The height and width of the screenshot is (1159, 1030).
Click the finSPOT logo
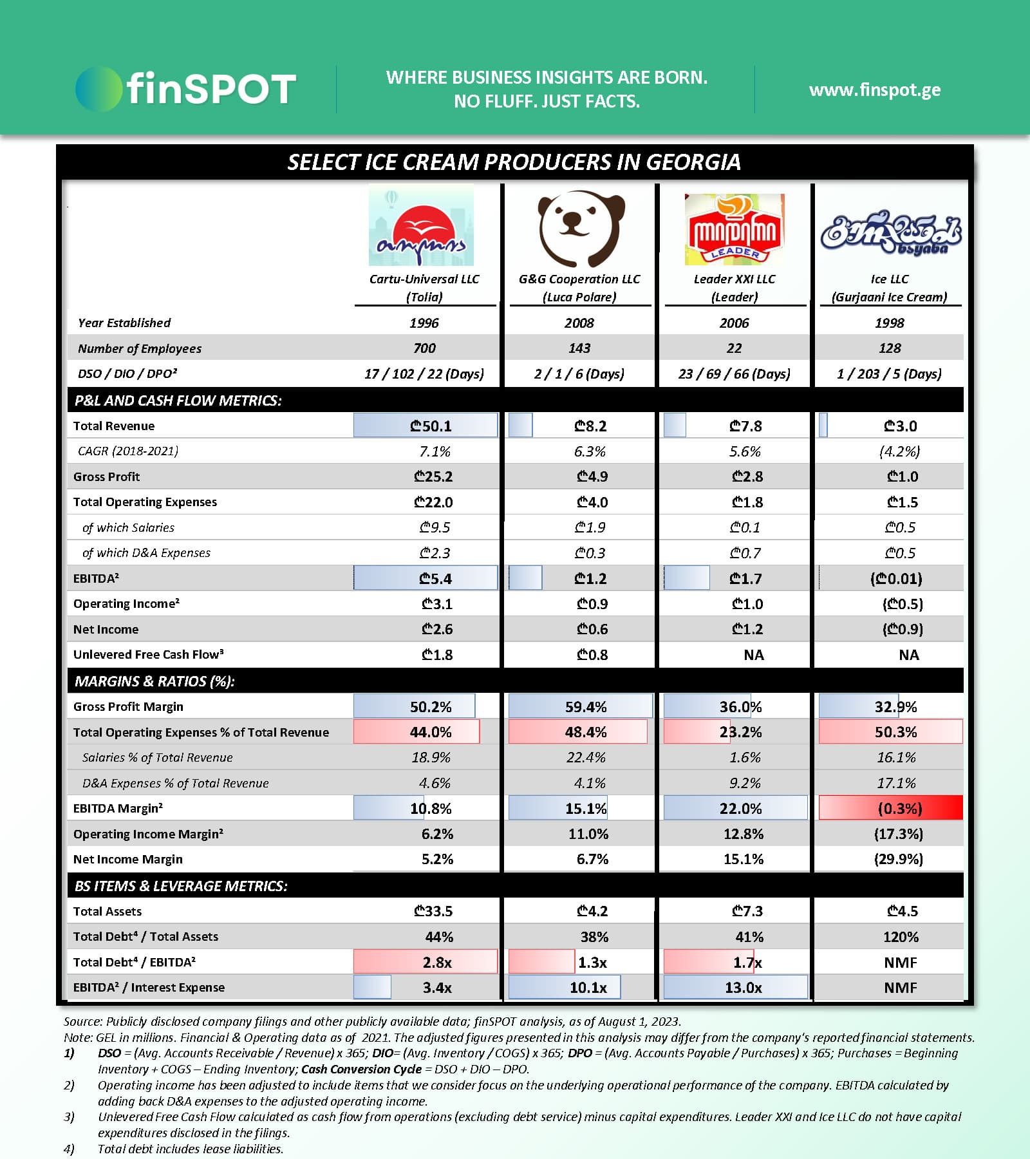pyautogui.click(x=186, y=89)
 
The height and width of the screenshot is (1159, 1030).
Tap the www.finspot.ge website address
pyautogui.click(x=875, y=90)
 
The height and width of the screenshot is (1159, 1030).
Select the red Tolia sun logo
pyautogui.click(x=421, y=225)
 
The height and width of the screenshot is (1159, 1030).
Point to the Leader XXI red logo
pyautogui.click(x=735, y=229)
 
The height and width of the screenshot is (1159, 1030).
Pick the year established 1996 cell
pyautogui.click(x=424, y=323)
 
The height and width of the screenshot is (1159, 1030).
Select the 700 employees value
pyautogui.click(x=424, y=348)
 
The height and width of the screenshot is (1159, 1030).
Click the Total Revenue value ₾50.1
pyautogui.click(x=431, y=426)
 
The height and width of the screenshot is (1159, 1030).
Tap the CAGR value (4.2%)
pyautogui.click(x=899, y=451)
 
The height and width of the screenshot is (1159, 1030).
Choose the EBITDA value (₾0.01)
pyautogui.click(x=896, y=579)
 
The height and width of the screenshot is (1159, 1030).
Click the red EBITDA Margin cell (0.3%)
pyautogui.click(x=899, y=808)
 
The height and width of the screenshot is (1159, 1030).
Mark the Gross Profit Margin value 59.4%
pyautogui.click(x=585, y=707)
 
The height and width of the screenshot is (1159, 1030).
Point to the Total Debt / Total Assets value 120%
pyautogui.click(x=901, y=937)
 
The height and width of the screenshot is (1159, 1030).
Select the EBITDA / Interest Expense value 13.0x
pyautogui.click(x=743, y=988)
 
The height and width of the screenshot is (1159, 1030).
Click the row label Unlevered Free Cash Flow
pyautogui.click(x=148, y=655)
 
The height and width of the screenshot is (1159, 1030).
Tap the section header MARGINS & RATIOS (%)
pyautogui.click(x=154, y=681)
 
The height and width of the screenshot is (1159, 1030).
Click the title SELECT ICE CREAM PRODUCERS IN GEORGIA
pyautogui.click(x=514, y=162)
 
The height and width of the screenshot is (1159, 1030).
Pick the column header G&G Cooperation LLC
pyautogui.click(x=579, y=279)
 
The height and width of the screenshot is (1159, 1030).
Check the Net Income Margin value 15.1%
pyautogui.click(x=743, y=859)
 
